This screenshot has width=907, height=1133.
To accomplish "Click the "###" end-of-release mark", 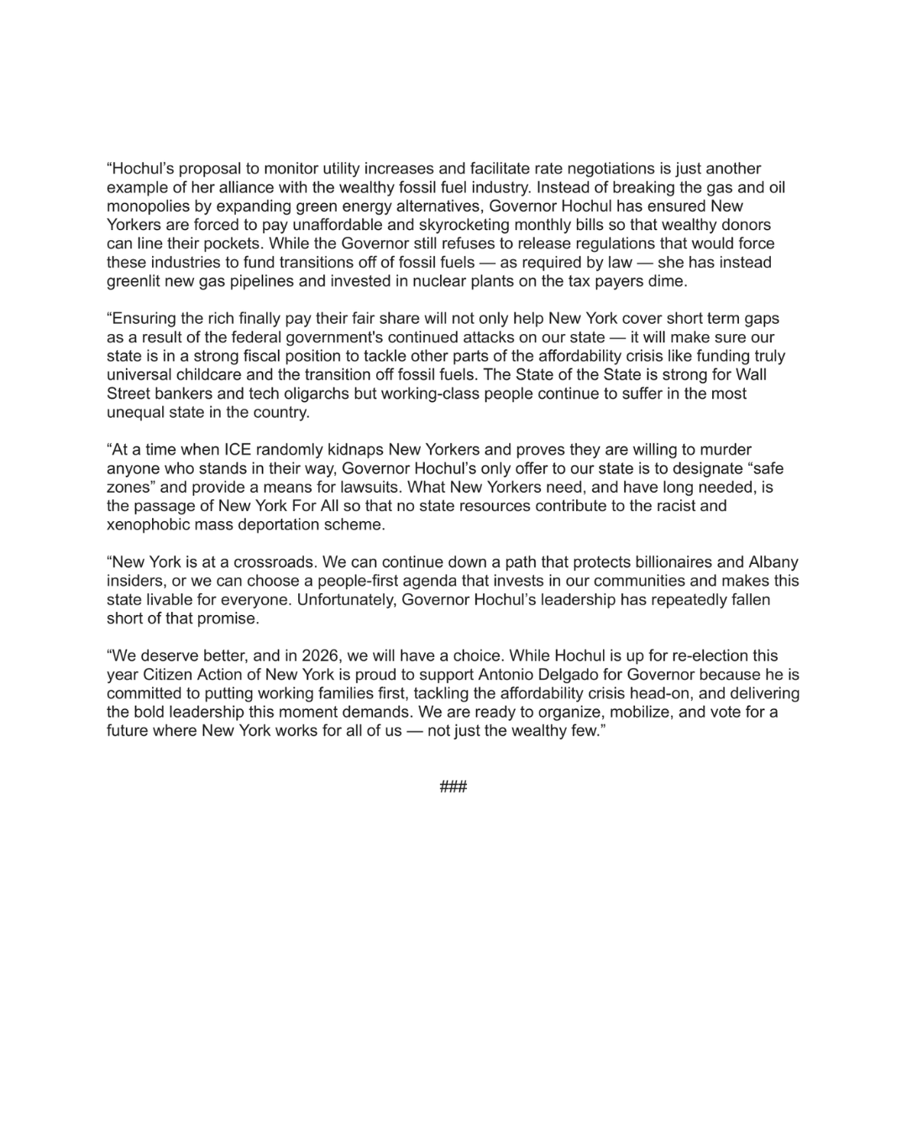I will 453,787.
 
